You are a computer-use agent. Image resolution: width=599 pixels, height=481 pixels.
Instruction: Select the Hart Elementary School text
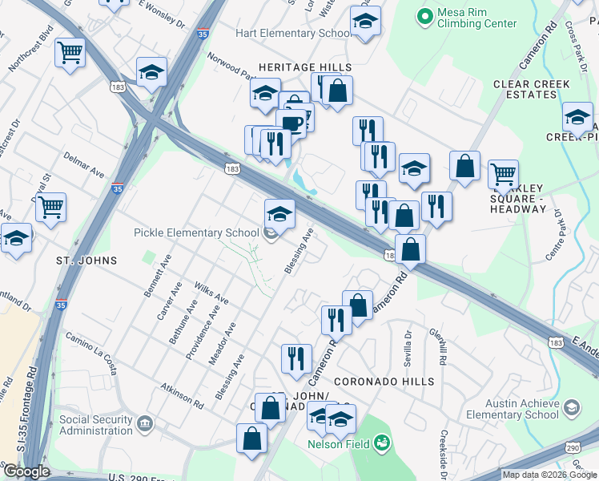pyautogui.click(x=292, y=33)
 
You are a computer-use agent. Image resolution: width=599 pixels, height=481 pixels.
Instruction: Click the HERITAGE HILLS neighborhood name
pyautogui.click(x=304, y=67)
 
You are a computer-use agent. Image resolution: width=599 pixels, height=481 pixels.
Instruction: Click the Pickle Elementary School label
pyautogui.click(x=196, y=233)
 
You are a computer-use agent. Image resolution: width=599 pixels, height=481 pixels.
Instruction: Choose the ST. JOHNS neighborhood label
pyautogui.click(x=86, y=261)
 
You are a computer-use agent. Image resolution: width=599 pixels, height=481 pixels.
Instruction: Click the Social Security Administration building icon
pyautogui.click(x=145, y=422)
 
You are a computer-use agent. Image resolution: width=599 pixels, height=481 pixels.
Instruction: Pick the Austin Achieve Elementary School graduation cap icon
pyautogui.click(x=571, y=409)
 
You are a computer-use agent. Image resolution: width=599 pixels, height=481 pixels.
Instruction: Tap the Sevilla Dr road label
pyautogui.click(x=407, y=346)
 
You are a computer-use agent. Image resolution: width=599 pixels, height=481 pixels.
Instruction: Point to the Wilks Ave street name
pyautogui.click(x=211, y=293)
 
